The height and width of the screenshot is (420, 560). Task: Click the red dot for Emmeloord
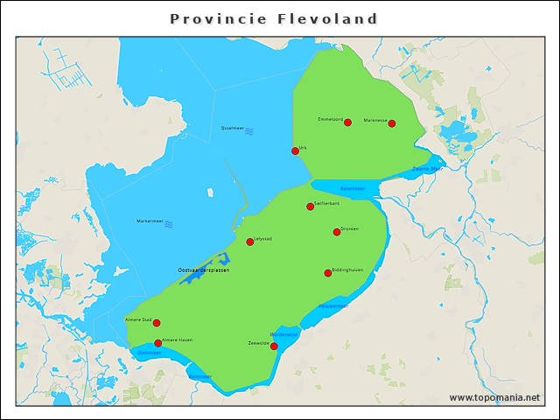347,122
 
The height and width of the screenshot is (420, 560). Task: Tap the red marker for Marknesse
392,123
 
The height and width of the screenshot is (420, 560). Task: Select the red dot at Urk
295,151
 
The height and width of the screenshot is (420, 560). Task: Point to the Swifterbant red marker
310,206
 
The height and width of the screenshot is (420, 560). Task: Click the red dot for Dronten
337,232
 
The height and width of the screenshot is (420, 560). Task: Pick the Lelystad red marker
250,241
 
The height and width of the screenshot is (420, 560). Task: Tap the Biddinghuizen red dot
328,273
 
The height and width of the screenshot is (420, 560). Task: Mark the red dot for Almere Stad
157,323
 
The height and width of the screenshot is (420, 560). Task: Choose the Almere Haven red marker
157,343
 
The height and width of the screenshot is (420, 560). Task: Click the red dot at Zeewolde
274,346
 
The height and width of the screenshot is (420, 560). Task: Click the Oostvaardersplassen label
203,270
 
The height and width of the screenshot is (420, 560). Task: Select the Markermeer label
150,221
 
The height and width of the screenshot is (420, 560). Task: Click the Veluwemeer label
333,306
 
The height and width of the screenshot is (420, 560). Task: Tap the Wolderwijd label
284,334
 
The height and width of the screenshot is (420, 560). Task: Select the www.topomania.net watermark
494,397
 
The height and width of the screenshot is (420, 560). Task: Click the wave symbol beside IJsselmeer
249,130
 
